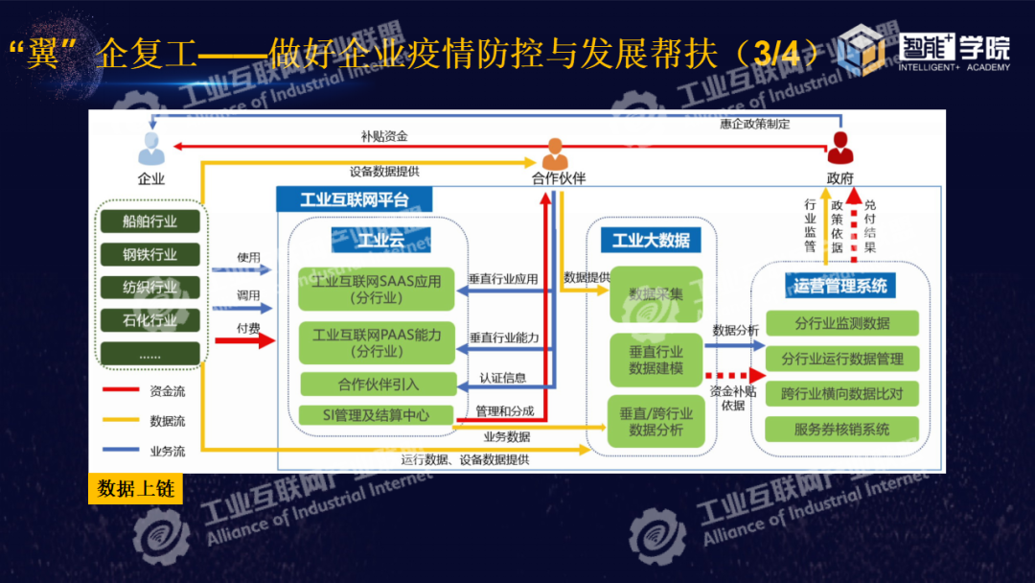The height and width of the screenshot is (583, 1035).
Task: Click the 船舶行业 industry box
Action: pos(149,222)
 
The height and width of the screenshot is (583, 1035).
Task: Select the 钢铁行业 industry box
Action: pos(149,254)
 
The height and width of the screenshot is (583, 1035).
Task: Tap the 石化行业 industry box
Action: pos(149,320)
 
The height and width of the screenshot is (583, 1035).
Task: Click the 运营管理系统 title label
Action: pos(839,285)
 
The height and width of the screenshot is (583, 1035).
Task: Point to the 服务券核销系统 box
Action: pos(841,430)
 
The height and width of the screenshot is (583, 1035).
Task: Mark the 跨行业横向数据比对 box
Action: pos(841,394)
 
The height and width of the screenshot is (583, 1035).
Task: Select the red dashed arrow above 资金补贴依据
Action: pos(728,377)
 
